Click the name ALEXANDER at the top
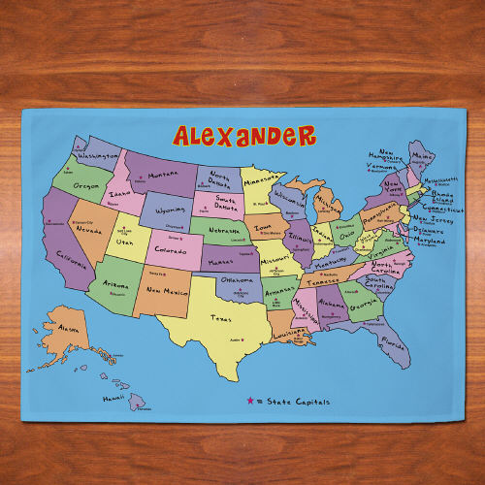[243, 135]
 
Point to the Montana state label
[164, 176]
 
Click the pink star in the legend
[250, 401]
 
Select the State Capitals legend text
[298, 402]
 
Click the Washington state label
[98, 155]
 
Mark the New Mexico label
[167, 290]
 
